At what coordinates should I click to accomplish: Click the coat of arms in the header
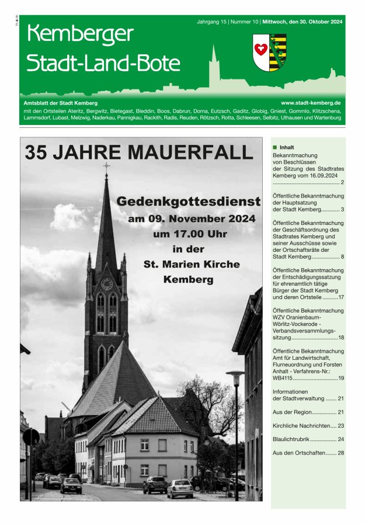click(269, 53)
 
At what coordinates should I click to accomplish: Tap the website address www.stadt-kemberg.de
click(311, 102)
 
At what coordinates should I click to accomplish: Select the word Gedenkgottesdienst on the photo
click(188, 202)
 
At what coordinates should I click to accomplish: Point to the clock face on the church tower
click(107, 284)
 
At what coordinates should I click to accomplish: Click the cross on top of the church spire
click(106, 168)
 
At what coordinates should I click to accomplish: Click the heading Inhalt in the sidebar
click(287, 147)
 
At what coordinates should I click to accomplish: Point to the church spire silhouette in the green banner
click(214, 64)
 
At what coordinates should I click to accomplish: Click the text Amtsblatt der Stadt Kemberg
click(56, 103)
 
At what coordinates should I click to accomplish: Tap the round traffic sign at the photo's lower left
click(31, 437)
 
